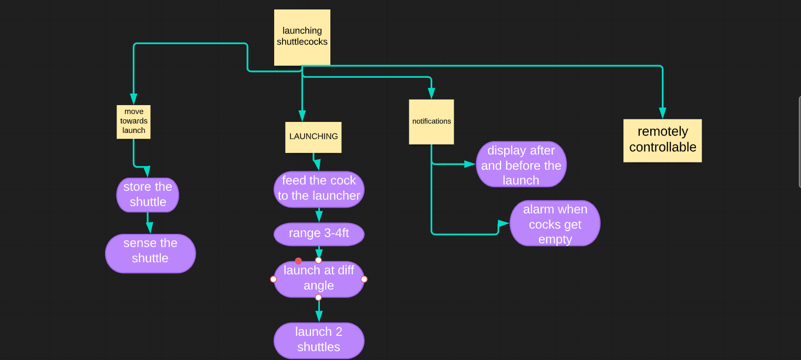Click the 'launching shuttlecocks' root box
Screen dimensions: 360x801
(302, 37)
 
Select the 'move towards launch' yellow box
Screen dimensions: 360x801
(133, 121)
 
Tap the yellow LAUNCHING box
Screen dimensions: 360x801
(313, 137)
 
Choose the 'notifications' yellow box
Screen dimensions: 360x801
(431, 121)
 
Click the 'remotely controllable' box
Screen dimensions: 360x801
(662, 140)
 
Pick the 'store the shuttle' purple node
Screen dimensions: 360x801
(148, 194)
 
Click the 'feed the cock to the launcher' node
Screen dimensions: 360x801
(319, 189)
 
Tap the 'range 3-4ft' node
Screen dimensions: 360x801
(319, 234)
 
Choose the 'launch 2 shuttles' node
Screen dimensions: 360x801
(319, 340)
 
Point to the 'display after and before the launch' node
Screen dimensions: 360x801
(521, 164)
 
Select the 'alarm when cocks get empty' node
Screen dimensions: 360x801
(555, 223)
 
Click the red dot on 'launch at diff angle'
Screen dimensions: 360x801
(298, 261)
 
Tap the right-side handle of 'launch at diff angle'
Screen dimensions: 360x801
(364, 279)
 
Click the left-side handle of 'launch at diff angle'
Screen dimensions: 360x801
(273, 279)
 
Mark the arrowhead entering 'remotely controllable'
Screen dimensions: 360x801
(662, 113)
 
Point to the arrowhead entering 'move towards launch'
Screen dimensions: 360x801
(133, 99)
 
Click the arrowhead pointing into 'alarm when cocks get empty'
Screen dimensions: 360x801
(503, 223)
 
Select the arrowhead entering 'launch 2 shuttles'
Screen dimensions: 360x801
(319, 316)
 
